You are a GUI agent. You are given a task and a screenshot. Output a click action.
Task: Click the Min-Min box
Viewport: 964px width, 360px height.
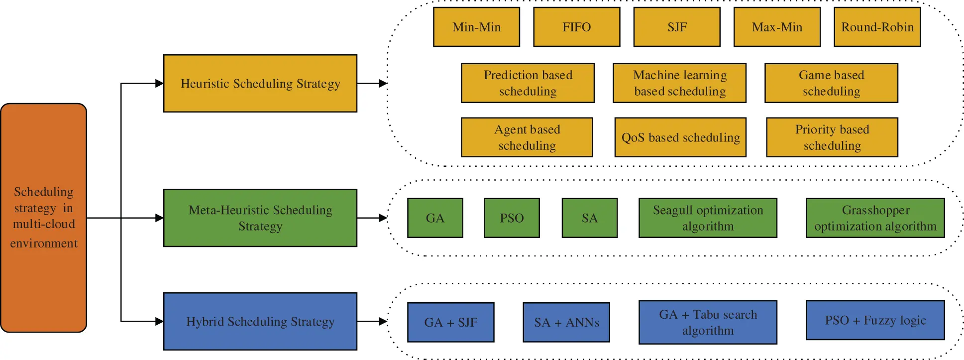[x=476, y=27]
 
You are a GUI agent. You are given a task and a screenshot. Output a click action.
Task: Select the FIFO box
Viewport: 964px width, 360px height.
[x=576, y=27]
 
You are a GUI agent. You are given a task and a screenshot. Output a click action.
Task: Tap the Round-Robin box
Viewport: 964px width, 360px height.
[x=877, y=27]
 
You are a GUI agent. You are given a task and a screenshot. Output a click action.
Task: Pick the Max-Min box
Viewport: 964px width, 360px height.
[x=777, y=27]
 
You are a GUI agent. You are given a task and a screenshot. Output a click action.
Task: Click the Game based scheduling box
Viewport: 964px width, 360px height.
[x=831, y=83]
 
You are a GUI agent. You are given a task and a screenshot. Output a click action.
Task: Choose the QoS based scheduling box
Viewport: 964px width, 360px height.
[x=680, y=137]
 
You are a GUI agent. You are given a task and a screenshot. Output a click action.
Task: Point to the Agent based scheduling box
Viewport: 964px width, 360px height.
[x=527, y=137]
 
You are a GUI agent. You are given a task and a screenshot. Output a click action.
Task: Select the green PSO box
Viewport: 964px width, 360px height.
[x=512, y=218]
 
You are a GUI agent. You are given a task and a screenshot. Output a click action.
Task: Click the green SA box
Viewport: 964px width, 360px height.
[x=589, y=218]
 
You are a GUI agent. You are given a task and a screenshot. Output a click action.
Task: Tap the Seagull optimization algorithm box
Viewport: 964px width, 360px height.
[x=708, y=218]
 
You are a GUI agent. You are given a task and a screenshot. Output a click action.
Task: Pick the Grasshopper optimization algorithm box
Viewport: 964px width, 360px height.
[x=875, y=218]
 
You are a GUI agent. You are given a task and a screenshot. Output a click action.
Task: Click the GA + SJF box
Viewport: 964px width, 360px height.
[x=450, y=322]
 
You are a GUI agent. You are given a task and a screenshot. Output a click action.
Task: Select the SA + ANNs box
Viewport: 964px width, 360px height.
[x=566, y=322]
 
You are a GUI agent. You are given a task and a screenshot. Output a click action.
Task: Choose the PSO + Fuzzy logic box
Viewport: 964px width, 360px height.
[x=875, y=320]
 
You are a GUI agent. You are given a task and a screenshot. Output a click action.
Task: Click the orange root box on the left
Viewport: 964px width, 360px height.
[x=44, y=218]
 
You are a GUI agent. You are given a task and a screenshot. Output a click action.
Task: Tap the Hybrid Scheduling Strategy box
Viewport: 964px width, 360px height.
[x=260, y=321]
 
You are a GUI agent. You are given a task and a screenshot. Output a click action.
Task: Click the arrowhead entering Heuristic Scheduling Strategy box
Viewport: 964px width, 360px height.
[x=160, y=83]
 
